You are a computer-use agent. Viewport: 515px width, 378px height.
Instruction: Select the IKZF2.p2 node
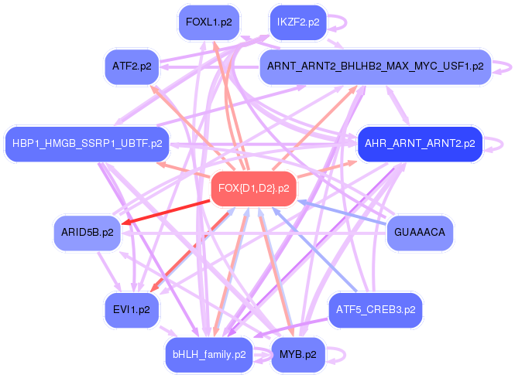(298, 22)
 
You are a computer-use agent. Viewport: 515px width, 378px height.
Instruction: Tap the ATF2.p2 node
(131, 66)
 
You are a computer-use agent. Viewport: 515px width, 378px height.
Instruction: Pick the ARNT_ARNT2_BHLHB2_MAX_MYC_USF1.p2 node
(375, 66)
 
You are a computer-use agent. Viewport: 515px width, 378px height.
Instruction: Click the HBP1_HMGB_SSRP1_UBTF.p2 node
(88, 143)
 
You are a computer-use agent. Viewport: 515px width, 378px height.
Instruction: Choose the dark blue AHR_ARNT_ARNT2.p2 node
(420, 143)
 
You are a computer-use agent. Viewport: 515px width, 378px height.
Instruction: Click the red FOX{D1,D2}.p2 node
(254, 189)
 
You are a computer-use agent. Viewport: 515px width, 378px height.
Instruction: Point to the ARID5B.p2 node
(87, 232)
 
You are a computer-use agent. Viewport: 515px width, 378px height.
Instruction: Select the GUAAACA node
(418, 232)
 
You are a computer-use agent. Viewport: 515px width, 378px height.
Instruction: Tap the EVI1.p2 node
(131, 309)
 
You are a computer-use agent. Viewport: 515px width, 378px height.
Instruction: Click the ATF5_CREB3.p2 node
(376, 309)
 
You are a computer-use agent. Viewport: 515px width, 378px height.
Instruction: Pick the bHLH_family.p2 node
(209, 355)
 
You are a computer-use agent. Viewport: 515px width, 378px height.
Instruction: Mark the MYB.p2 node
(297, 355)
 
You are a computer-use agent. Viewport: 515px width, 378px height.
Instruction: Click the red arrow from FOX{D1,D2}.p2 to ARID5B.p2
(167, 212)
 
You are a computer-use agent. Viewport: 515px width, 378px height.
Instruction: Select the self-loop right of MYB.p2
(338, 355)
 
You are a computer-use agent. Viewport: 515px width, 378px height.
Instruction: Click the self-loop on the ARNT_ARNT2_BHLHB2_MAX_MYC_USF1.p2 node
(503, 66)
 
